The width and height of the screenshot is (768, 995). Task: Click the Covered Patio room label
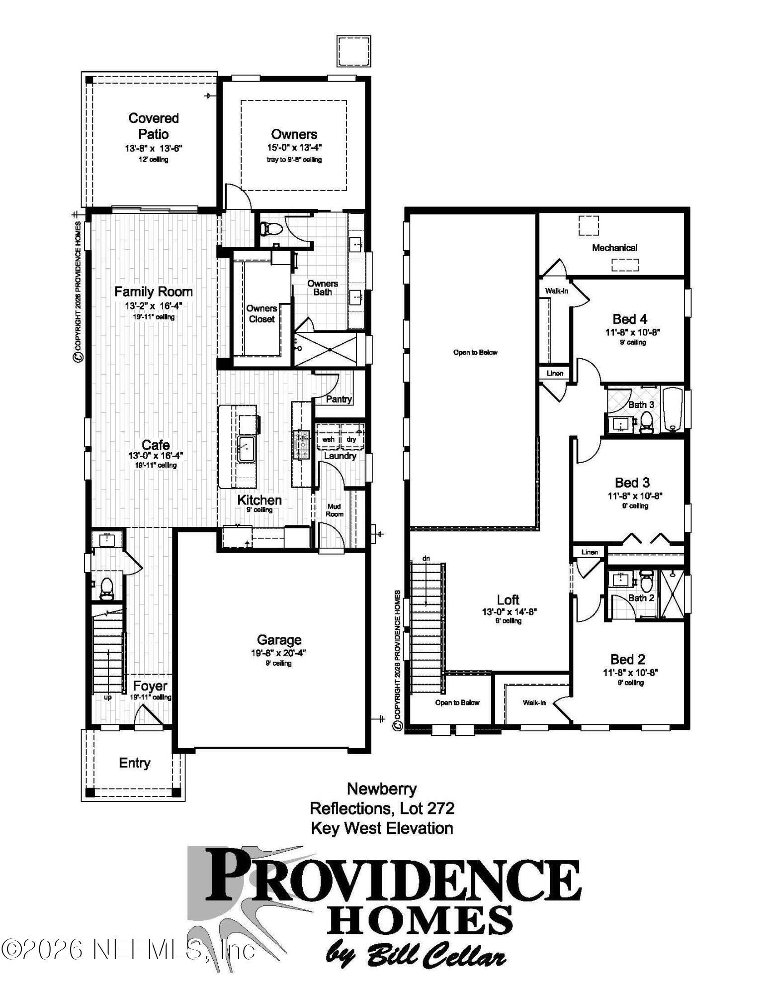click(x=153, y=126)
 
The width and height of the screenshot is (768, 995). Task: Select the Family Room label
click(x=153, y=292)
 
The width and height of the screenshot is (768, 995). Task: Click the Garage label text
click(x=279, y=640)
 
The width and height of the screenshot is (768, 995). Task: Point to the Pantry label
click(x=339, y=399)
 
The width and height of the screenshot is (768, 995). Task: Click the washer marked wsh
click(x=328, y=440)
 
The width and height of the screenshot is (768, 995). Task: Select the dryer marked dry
click(x=351, y=440)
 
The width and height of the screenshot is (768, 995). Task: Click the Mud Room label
click(x=334, y=510)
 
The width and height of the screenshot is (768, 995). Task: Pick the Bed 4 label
click(x=630, y=319)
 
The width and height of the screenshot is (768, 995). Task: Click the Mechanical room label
click(x=614, y=248)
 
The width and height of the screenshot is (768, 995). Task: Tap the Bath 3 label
click(x=641, y=404)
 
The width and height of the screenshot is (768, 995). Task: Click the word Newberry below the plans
click(x=382, y=789)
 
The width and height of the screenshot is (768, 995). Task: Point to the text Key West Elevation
click(x=382, y=828)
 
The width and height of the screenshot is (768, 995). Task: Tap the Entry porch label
click(x=134, y=763)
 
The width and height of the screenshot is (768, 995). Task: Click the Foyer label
click(x=150, y=686)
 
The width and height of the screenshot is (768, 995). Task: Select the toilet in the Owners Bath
click(x=271, y=228)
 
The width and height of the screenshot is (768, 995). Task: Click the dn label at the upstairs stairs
click(x=426, y=559)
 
